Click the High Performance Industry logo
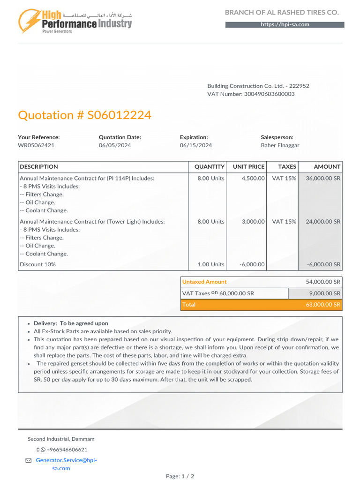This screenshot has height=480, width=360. point(75,21)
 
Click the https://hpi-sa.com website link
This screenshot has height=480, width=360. point(285,25)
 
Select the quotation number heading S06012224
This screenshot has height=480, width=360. point(84,115)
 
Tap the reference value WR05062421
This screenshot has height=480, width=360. point(36,145)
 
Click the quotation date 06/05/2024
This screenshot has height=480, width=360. point(115,145)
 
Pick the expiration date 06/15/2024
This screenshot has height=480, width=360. point(196,145)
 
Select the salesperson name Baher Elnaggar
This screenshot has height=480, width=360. point(281,145)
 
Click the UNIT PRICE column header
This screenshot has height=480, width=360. point(248,167)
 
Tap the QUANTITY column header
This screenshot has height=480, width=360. point(210,167)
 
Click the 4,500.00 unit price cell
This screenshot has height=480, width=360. point(253,179)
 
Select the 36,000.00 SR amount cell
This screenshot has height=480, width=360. point(323,179)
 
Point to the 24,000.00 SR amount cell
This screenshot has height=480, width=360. point(323,222)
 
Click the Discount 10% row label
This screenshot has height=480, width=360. point(37,264)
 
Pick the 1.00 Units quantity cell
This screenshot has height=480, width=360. point(211,264)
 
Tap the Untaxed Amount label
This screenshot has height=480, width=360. point(204,282)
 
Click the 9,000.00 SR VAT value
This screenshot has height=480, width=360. point(324,293)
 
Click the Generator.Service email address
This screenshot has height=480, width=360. point(66,460)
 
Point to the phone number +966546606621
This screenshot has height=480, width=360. point(67,450)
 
